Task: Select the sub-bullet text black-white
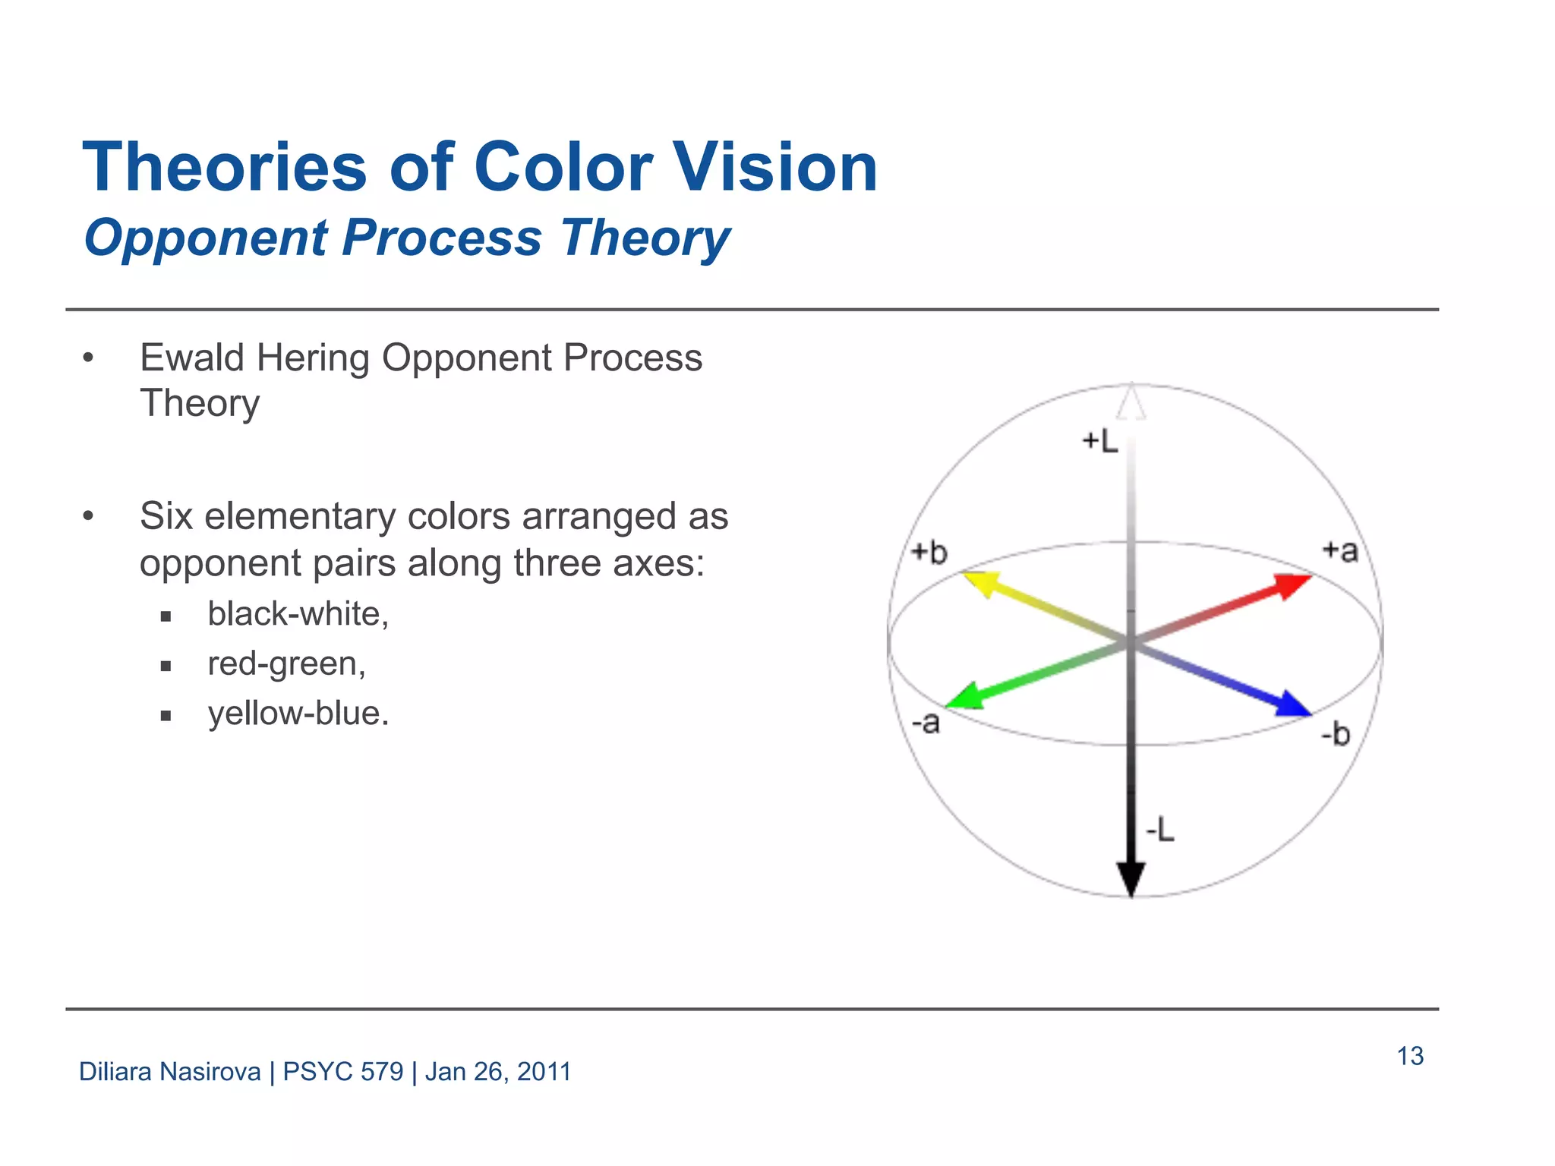tap(298, 613)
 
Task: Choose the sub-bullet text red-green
tap(286, 663)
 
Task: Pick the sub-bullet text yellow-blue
tap(298, 714)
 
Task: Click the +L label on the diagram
tap(1099, 441)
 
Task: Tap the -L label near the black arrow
tap(1159, 830)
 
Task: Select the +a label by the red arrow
tap(1339, 550)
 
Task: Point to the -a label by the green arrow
tap(926, 722)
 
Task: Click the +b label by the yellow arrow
tap(929, 552)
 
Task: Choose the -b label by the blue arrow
tap(1336, 734)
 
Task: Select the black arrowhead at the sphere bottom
tap(1131, 879)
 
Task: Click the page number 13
tap(1410, 1056)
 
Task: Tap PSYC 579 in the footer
tap(343, 1072)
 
